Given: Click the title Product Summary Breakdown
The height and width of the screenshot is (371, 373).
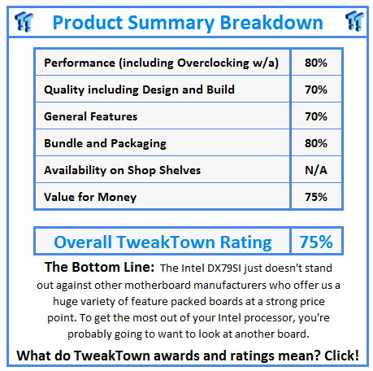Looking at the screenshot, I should (x=187, y=22).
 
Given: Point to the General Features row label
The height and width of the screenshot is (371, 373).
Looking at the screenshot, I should (x=90, y=116).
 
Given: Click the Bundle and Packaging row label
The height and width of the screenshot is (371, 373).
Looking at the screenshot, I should (x=105, y=143).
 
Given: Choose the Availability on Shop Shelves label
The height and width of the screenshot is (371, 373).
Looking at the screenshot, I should (x=122, y=170).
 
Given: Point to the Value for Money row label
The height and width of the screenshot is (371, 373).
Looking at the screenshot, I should (x=90, y=197).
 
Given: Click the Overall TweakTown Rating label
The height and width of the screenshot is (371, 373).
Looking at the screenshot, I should (x=163, y=242).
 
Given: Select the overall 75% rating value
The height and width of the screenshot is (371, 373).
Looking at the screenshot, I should (x=315, y=242).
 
